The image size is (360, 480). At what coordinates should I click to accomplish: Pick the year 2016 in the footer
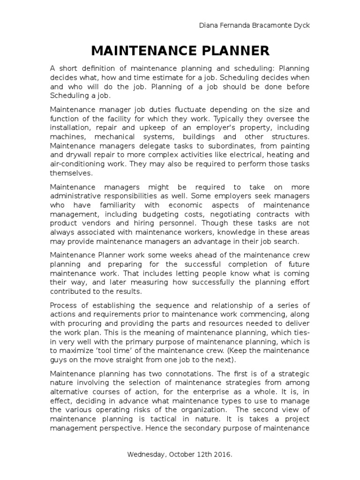click(223, 455)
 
